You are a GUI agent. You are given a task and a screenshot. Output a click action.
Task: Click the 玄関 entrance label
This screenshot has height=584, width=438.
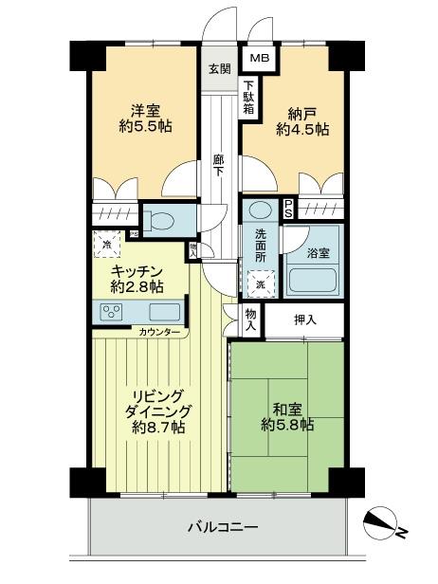pos(217,69)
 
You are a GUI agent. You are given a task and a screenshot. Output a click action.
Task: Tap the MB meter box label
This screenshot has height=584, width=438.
pos(259,59)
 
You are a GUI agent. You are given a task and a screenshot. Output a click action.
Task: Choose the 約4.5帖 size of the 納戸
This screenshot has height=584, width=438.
pos(302,130)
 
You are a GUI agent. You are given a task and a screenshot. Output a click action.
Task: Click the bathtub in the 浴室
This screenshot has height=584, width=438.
pos(312,282)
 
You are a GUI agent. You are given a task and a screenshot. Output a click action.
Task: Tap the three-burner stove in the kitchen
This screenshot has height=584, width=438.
pos(112,313)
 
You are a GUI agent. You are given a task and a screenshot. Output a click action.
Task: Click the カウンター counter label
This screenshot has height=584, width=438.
pos(159,333)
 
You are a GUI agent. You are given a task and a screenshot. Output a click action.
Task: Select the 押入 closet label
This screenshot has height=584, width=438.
pos(304,319)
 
